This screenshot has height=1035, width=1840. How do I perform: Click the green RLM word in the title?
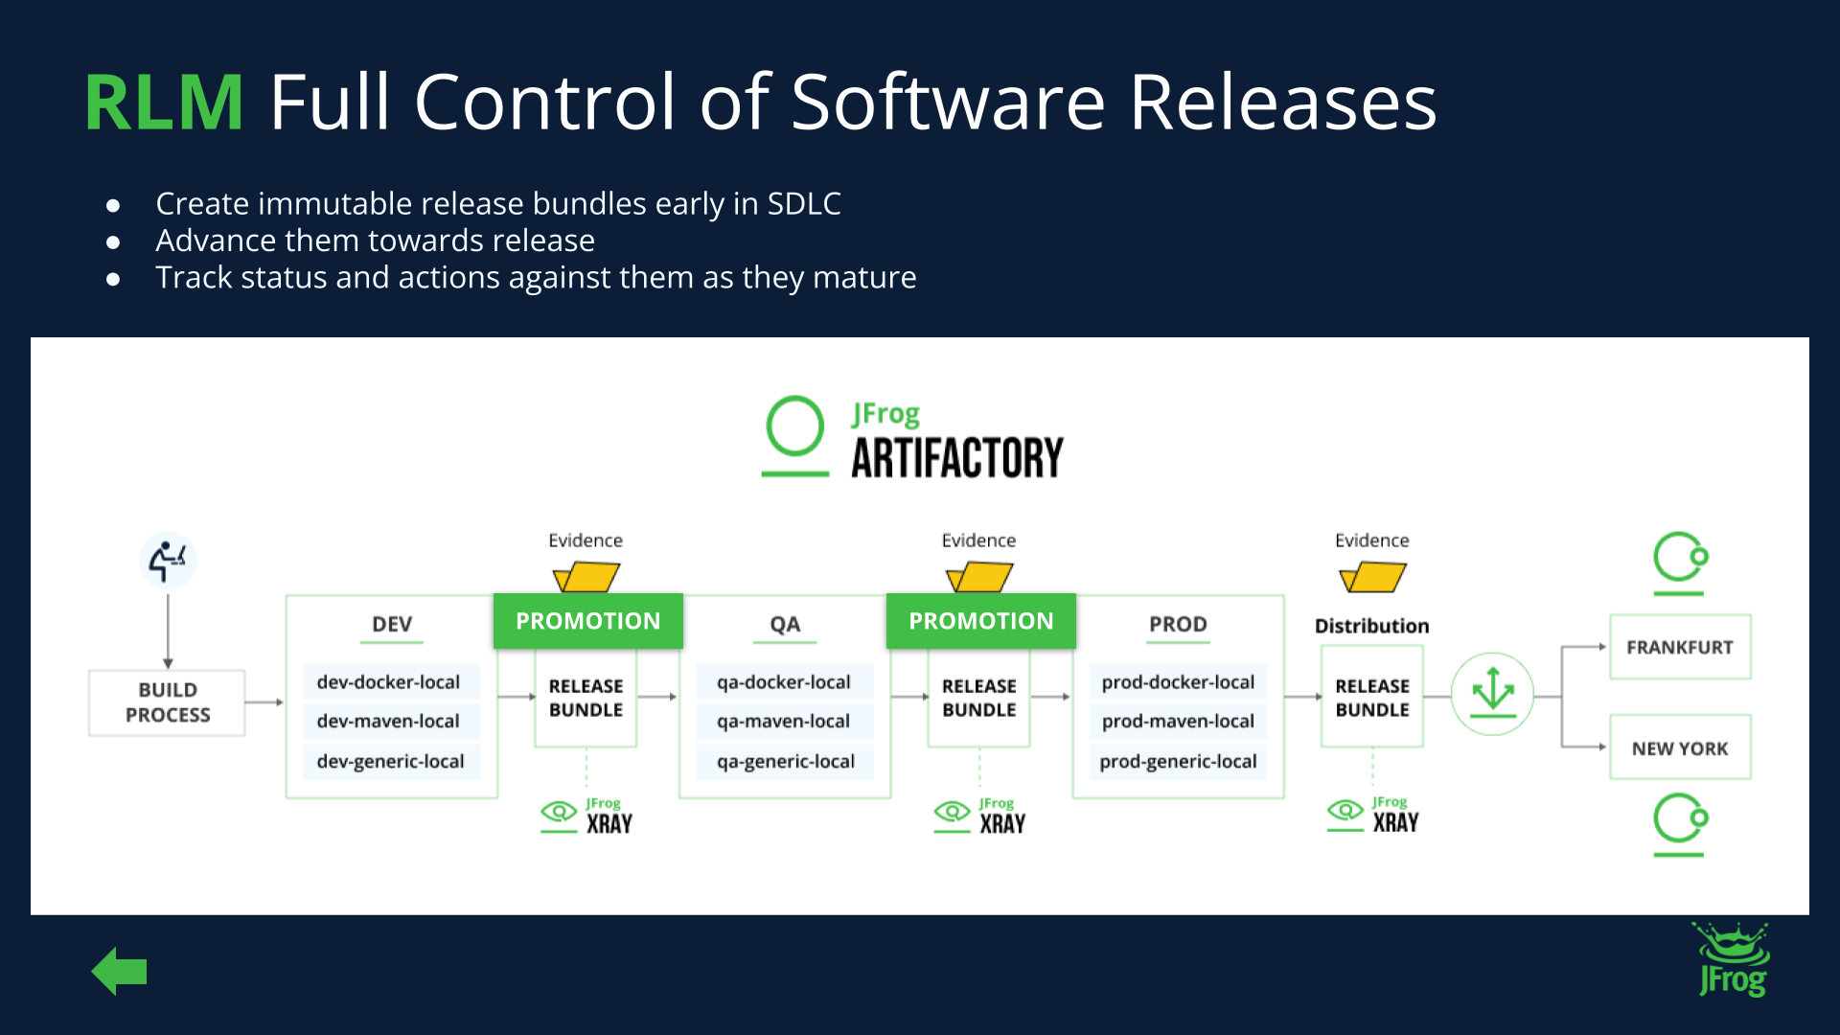[164, 102]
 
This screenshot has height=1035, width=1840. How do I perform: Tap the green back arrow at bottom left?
[119, 972]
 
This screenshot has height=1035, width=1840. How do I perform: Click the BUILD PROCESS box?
[168, 702]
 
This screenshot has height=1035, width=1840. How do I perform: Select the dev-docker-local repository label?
[388, 682]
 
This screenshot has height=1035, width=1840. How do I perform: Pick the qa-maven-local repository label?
[783, 722]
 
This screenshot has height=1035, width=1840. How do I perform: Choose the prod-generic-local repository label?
[1178, 762]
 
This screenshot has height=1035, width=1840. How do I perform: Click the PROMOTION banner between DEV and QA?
[588, 621]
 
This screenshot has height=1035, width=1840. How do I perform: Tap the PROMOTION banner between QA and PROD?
[981, 621]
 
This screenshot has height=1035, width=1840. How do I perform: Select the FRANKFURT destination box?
[1680, 647]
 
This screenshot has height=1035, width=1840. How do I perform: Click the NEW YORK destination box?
[1680, 747]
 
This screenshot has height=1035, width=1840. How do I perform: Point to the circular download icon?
[1492, 694]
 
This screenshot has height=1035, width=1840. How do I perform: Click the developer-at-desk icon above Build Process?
[168, 561]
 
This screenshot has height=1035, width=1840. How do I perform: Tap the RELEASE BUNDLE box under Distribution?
[1372, 698]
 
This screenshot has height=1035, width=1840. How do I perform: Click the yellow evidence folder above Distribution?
[1372, 577]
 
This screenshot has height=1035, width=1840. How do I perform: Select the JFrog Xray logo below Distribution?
[1373, 815]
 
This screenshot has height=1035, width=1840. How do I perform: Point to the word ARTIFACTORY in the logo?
[957, 458]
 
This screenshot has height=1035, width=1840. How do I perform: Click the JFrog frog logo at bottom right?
[1733, 960]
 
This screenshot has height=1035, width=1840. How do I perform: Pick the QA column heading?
[785, 625]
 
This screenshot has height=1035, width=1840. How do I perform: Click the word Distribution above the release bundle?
[1371, 626]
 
